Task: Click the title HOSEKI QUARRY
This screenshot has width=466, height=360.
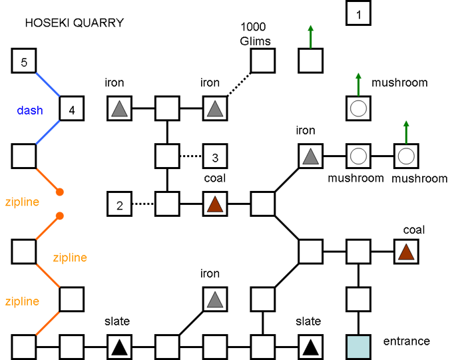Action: tap(74, 23)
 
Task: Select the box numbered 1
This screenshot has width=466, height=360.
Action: tap(359, 14)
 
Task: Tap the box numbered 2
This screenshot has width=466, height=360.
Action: tap(120, 204)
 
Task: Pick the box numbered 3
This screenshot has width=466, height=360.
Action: tap(215, 157)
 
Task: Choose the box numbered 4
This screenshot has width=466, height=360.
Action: tap(72, 108)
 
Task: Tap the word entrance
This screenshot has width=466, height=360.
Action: tap(406, 341)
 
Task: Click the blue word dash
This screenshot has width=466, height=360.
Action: tap(30, 110)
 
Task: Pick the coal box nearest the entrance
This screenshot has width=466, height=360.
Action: tap(406, 252)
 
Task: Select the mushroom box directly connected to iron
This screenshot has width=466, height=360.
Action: tap(359, 157)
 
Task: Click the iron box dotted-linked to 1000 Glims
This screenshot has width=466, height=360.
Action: tap(214, 108)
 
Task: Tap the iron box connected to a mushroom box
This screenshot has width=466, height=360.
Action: tap(310, 157)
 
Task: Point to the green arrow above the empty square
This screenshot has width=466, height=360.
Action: tap(310, 37)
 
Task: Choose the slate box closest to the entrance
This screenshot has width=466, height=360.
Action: tap(310, 347)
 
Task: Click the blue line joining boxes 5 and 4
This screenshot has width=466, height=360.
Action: tap(48, 85)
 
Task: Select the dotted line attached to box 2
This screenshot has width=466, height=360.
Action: tap(143, 204)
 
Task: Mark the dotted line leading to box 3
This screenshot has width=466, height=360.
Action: tap(190, 157)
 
